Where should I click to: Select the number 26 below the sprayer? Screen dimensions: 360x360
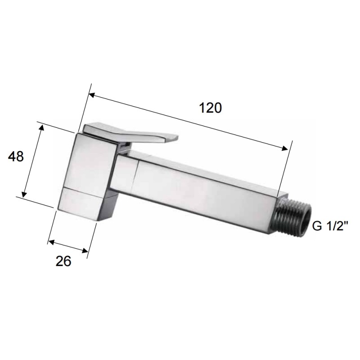[x=64, y=261]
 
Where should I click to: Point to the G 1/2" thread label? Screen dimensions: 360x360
[x=330, y=226]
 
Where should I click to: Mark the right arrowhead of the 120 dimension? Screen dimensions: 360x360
[x=284, y=149]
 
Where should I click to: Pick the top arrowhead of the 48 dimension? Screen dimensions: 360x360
[x=42, y=127]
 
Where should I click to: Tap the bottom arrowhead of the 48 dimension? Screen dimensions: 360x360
[x=25, y=194]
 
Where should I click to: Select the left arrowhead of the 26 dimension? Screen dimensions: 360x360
[x=51, y=243]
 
